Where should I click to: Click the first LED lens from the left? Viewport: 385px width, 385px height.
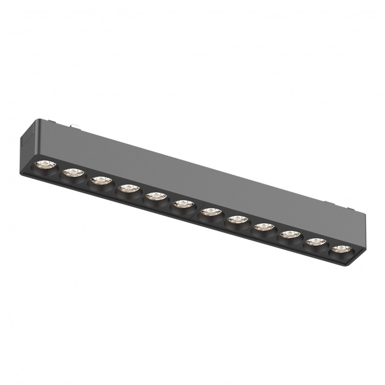[x=45, y=165]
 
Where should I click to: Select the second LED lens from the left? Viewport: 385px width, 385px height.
[x=72, y=173]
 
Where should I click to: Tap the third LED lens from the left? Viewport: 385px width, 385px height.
[x=100, y=180]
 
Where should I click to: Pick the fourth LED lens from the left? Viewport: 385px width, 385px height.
[x=127, y=188]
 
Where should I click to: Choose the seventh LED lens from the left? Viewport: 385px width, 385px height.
[x=209, y=211]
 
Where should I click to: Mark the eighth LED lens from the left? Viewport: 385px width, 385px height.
[x=236, y=219]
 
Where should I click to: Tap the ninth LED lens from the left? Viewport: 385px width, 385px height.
[x=263, y=227]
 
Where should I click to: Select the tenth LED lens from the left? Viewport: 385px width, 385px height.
[x=289, y=235]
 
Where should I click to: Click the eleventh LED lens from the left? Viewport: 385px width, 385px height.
[x=315, y=242]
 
